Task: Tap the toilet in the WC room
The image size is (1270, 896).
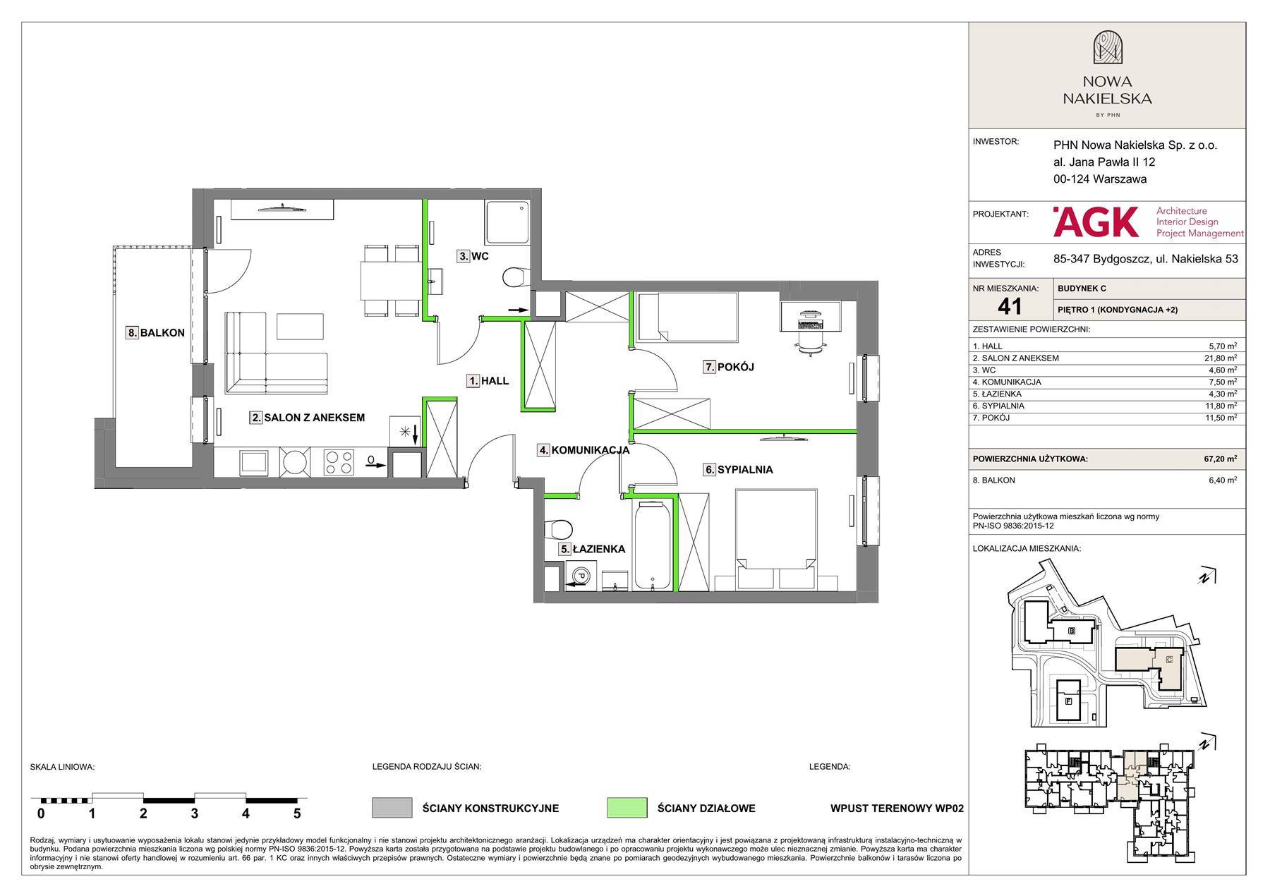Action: tap(515, 277)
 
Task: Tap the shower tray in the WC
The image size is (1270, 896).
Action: tap(507, 223)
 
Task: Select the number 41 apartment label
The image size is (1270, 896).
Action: tap(1010, 306)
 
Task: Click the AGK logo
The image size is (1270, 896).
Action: tap(1096, 222)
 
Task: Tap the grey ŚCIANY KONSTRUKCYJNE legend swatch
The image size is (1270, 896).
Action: tap(392, 808)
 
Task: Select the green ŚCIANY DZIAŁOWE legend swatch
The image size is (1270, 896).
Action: tap(627, 808)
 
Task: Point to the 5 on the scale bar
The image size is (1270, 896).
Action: tap(297, 813)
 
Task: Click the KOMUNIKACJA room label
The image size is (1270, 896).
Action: tap(583, 449)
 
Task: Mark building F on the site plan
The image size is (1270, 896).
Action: tap(1068, 701)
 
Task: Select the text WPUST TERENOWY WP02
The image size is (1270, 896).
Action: tap(897, 809)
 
